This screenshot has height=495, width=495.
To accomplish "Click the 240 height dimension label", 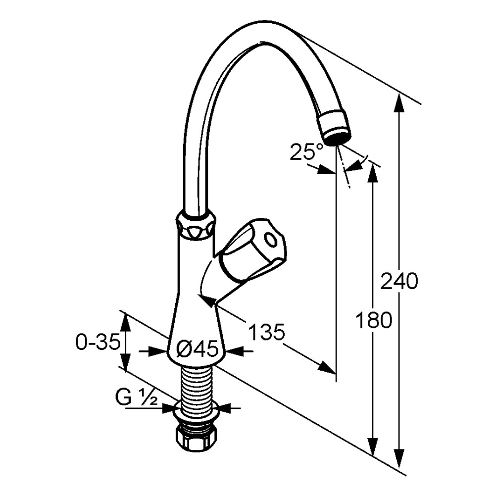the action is [x=399, y=282].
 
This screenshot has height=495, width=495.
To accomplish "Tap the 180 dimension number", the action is [x=374, y=320].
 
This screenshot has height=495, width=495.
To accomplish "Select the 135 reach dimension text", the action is [x=267, y=332].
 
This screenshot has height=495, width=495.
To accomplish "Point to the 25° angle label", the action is [x=307, y=151].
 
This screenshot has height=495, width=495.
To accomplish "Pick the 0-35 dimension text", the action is [x=98, y=342].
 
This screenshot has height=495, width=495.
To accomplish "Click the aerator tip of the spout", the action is [x=335, y=127].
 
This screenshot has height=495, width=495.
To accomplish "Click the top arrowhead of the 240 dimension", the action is [x=399, y=102].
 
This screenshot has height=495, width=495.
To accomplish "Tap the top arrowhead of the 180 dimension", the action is [x=374, y=173].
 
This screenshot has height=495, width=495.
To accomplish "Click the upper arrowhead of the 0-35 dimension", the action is [x=126, y=322].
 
